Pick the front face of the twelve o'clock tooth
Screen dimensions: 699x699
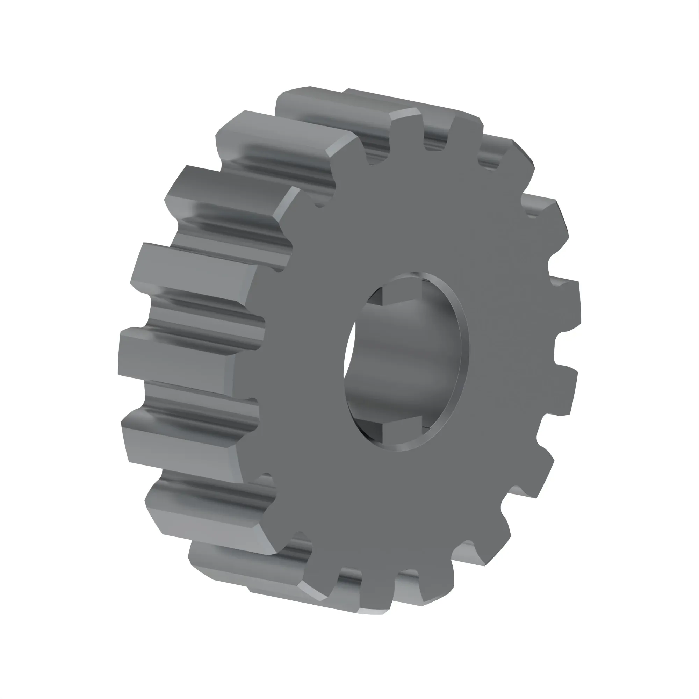407,132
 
